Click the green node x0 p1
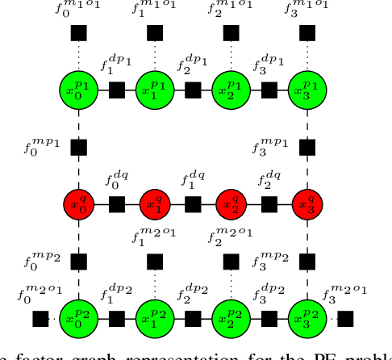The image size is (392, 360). (x=79, y=90)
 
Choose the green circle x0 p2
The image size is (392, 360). (x=79, y=318)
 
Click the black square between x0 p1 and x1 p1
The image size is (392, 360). (x=117, y=90)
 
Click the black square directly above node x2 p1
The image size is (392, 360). (x=231, y=33)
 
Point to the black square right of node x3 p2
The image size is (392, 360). (x=345, y=318)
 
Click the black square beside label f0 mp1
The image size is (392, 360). (x=79, y=147)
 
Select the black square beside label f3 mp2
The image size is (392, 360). (x=307, y=261)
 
